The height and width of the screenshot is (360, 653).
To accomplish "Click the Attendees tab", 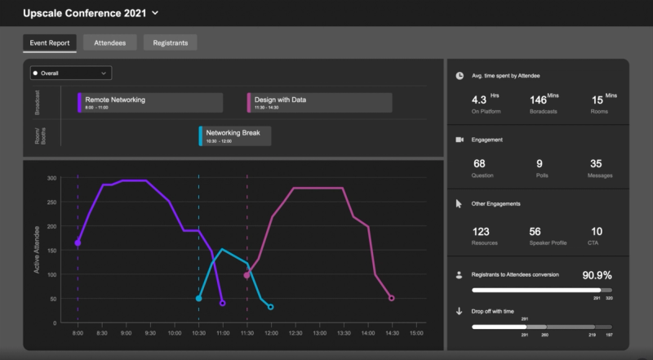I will click(110, 43).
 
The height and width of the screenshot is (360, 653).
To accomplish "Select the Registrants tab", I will click(170, 43).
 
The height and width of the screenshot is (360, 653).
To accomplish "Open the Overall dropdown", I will click(70, 73).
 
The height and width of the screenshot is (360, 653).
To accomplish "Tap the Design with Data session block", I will click(318, 102).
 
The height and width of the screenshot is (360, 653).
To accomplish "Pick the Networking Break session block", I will click(235, 136).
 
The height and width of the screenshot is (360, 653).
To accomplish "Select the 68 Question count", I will click(479, 164).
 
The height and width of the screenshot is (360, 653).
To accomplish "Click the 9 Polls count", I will click(539, 164).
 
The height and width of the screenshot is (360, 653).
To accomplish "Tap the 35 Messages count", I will click(596, 164).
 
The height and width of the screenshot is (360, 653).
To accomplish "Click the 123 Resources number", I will click(482, 232).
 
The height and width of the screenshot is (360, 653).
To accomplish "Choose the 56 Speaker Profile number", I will click(535, 232).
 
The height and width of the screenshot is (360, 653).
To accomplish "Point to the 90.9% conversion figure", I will click(597, 274).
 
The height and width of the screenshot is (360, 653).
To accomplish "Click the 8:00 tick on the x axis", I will click(78, 333).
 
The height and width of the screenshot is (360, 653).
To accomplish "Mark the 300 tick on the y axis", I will click(51, 178).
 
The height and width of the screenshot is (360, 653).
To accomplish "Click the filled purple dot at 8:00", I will click(78, 242).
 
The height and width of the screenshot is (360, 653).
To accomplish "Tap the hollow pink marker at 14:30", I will click(392, 298).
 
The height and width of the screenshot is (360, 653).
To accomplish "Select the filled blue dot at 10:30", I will click(198, 298).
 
